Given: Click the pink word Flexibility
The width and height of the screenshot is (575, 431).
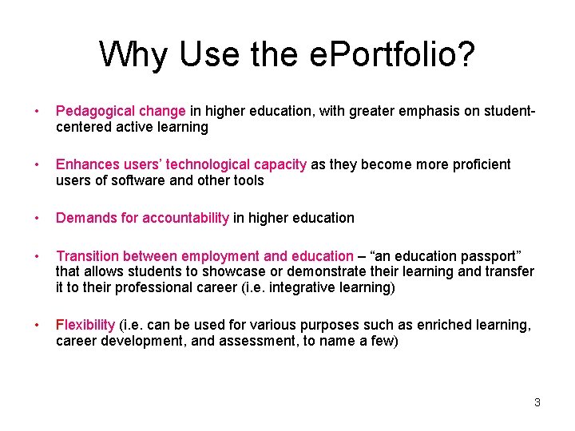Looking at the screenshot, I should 85,325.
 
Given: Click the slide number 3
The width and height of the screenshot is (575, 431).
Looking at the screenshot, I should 537,402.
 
